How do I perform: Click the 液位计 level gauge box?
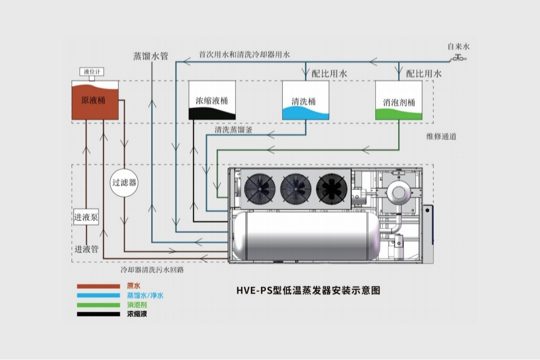point(92,72)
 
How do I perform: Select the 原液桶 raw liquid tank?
point(95,100)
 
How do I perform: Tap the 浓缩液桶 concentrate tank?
point(212,100)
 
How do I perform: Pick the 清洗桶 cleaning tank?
point(306,100)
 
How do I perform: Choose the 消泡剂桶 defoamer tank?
point(399,100)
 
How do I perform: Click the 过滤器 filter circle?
point(124,183)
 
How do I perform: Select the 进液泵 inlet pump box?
point(86,217)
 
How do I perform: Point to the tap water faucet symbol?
point(458,58)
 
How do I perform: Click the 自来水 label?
point(459,46)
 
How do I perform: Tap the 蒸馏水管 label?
point(151,56)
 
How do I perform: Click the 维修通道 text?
point(441,137)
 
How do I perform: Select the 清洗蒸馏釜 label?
point(234,130)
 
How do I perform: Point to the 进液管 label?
point(86,249)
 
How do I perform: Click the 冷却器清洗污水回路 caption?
point(153,270)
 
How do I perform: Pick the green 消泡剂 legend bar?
point(99,305)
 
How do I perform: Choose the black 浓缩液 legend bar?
point(99,314)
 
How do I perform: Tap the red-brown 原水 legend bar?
point(99,287)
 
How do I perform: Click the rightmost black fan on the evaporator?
point(332,189)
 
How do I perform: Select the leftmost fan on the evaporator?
point(260,189)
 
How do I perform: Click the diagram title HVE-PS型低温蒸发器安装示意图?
point(308,290)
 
